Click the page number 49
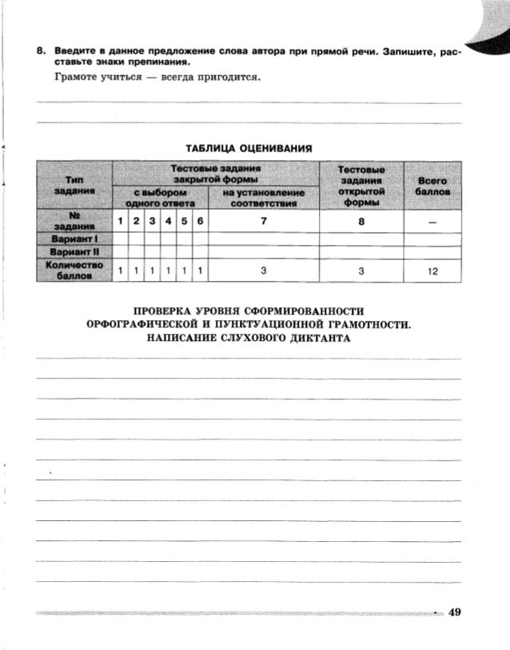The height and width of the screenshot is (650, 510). [x=455, y=612]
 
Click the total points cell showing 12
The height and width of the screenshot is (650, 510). [x=432, y=271]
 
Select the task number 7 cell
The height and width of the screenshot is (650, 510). [x=264, y=221]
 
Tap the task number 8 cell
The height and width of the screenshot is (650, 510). [x=361, y=221]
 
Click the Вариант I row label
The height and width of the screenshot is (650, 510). [x=73, y=239]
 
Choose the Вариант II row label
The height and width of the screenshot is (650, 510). [x=73, y=252]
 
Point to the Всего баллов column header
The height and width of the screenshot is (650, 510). [x=432, y=187]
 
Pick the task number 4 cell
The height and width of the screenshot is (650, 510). [x=169, y=221]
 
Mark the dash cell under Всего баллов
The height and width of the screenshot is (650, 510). [x=432, y=221]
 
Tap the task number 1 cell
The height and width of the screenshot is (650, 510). [x=120, y=221]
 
